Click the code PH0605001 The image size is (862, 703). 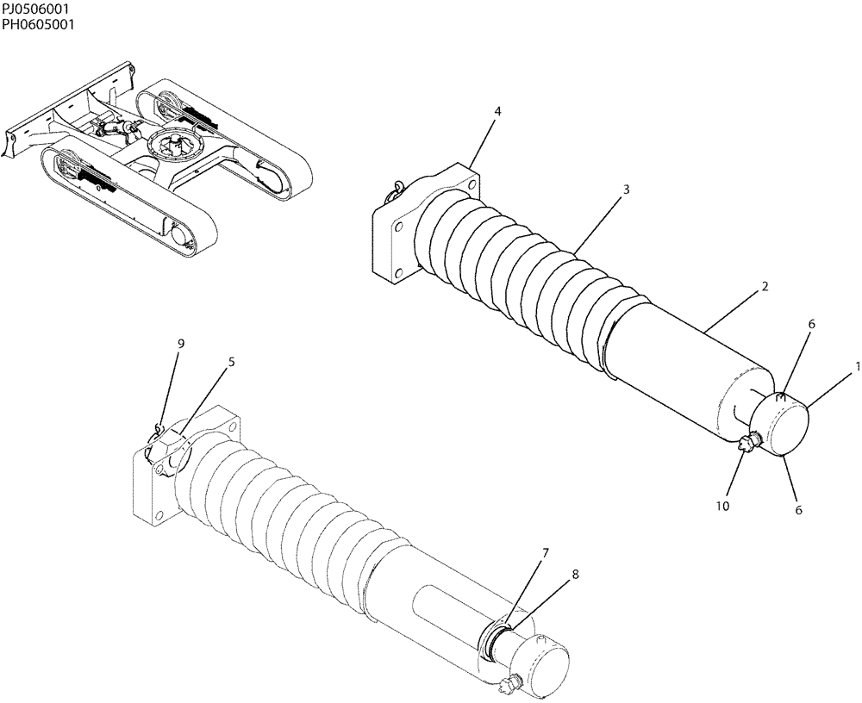point(37,24)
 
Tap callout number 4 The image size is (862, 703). point(497,112)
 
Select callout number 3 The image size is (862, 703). point(626,189)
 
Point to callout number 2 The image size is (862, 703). point(765,286)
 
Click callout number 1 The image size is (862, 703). point(857,366)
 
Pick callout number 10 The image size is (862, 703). point(722,506)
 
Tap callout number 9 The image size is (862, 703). point(180,344)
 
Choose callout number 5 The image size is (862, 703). point(231,363)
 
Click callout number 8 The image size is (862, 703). point(575,573)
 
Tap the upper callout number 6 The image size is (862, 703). point(811,324)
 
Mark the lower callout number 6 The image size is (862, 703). point(798,510)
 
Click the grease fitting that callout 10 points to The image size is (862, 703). point(746,443)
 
